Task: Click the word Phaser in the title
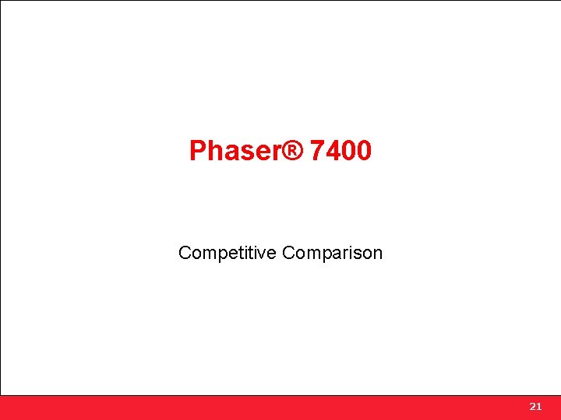(235, 151)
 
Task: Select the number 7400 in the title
(340, 151)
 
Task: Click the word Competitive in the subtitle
(228, 253)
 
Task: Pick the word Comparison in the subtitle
(333, 253)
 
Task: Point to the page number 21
(535, 407)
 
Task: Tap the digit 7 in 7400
(317, 151)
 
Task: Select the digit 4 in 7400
(333, 151)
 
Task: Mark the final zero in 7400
(364, 151)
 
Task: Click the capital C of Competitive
(185, 253)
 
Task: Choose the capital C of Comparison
(288, 253)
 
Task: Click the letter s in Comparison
(360, 254)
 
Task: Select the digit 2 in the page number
(532, 407)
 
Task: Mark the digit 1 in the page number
(538, 407)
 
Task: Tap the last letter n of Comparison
(378, 254)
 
